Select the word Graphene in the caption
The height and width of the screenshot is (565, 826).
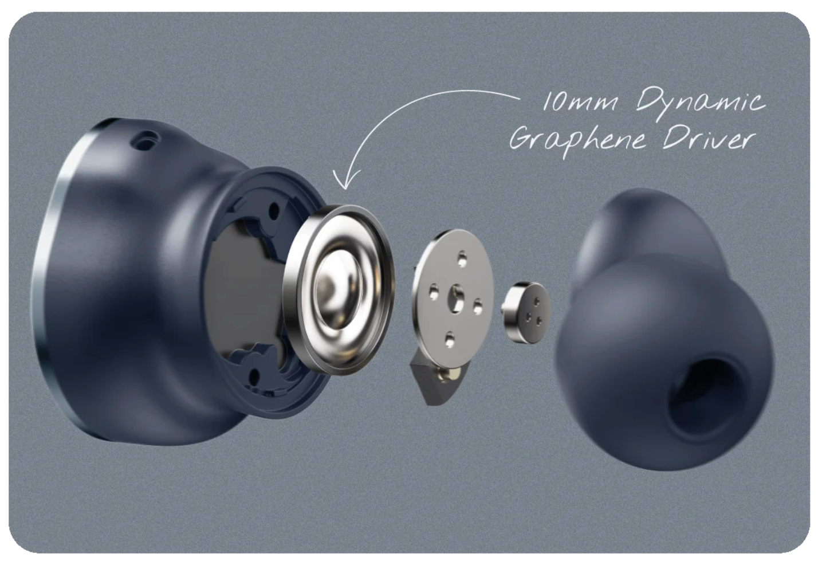coord(577,140)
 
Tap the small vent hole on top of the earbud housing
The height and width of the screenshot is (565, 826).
coord(148,141)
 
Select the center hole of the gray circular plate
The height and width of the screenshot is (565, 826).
coord(456,299)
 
